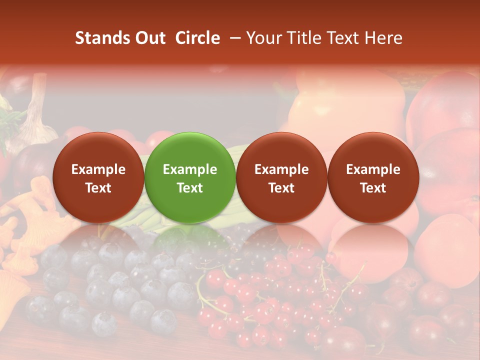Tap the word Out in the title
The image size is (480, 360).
click(149, 38)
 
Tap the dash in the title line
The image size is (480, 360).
click(233, 38)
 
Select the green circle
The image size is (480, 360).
click(190, 177)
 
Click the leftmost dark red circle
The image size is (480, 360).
click(98, 177)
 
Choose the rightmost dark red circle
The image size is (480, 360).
click(373, 177)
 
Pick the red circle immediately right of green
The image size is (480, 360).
click(281, 177)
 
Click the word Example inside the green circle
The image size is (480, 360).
click(190, 169)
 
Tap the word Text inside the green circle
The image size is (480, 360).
click(190, 188)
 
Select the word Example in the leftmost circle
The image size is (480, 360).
click(98, 169)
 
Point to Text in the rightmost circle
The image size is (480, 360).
click(373, 188)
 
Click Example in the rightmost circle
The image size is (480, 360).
click(373, 169)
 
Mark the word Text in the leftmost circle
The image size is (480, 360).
click(98, 188)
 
